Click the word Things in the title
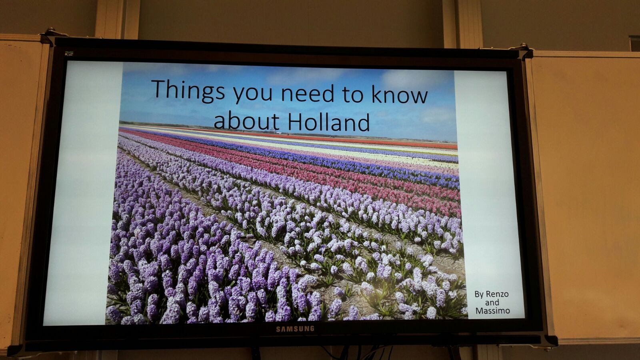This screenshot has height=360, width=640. (188, 90)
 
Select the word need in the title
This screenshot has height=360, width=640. (308, 92)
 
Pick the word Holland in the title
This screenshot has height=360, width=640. (328, 122)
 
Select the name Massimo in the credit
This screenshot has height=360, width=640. (492, 310)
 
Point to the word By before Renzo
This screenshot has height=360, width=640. (479, 294)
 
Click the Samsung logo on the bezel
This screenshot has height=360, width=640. (295, 329)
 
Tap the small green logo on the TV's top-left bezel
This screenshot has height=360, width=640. (69, 54)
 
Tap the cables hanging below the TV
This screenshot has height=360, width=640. (357, 352)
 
